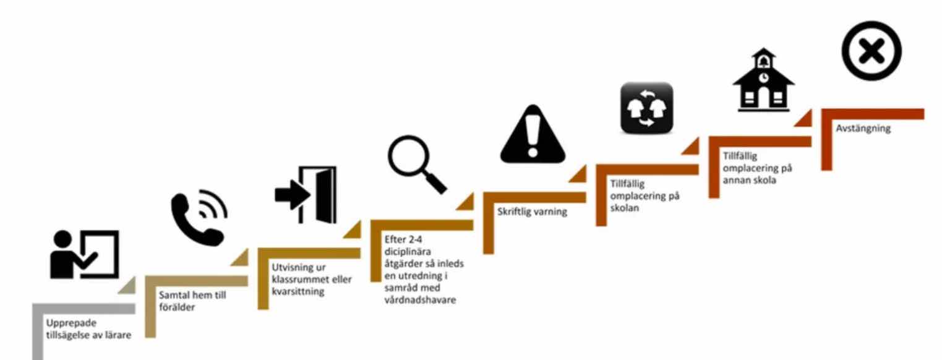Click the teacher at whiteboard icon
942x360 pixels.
(84, 255)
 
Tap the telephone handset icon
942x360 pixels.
(199, 220)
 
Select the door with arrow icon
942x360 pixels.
(306, 194)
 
